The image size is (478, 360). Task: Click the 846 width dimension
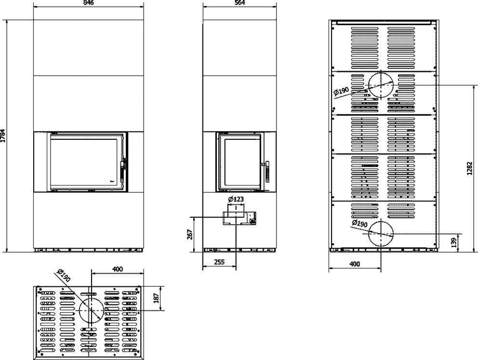click(x=88, y=3)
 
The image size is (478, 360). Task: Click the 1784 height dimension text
click(x=3, y=136)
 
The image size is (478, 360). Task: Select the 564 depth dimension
click(x=240, y=3)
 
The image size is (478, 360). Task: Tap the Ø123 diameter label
click(x=236, y=200)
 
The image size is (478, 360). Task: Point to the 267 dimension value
click(x=190, y=234)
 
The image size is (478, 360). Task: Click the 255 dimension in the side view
click(x=219, y=262)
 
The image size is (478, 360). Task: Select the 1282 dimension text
click(x=469, y=168)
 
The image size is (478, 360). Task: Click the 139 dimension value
click(x=454, y=243)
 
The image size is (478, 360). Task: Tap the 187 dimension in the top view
click(x=156, y=298)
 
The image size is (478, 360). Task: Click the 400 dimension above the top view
click(x=118, y=269)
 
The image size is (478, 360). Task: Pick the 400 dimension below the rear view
click(x=355, y=264)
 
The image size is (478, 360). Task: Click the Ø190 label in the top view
click(x=64, y=276)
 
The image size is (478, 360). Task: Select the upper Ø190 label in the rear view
click(x=341, y=92)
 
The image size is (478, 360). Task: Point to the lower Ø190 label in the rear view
click(x=359, y=224)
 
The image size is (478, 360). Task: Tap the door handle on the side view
click(x=267, y=171)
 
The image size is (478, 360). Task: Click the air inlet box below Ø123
click(x=239, y=218)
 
